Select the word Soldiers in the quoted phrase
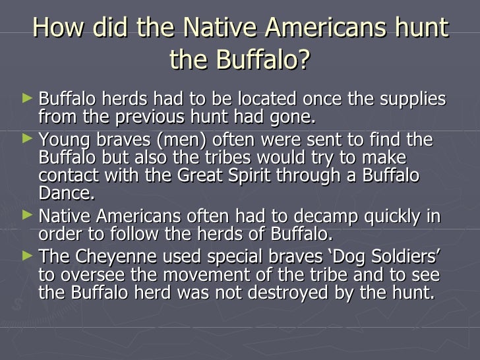click(395, 257)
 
